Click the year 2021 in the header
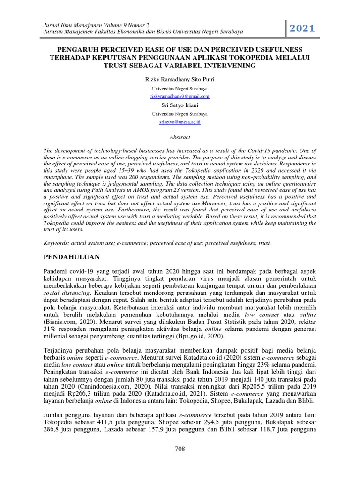click(302, 29)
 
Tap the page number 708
click(180, 449)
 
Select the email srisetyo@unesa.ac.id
click(180, 122)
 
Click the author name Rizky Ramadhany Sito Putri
click(180, 79)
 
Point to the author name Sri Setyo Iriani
click(180, 105)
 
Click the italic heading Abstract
click(180, 137)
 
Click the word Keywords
click(55, 243)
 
